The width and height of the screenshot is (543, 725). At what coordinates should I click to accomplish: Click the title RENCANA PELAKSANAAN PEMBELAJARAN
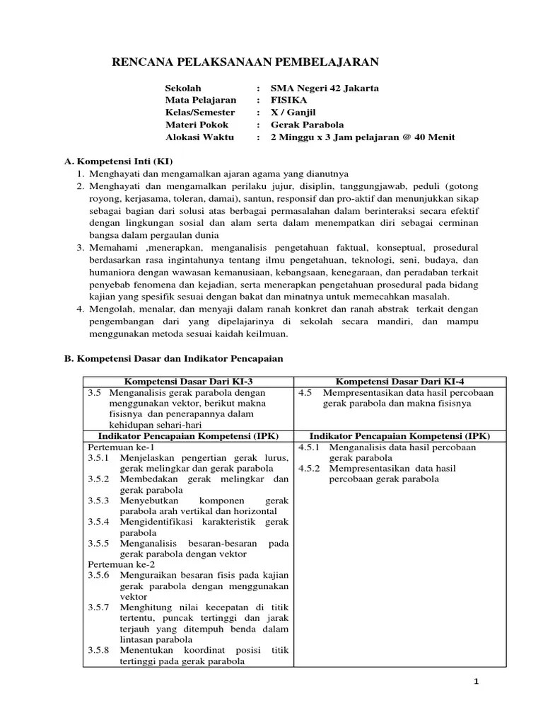click(245, 63)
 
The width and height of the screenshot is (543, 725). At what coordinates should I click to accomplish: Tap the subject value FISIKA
click(289, 101)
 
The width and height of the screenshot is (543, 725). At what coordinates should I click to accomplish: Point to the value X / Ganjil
click(293, 113)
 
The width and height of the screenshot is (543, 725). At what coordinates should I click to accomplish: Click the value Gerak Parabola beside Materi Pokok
click(308, 125)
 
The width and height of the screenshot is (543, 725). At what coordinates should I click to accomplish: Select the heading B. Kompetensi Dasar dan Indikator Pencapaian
click(174, 359)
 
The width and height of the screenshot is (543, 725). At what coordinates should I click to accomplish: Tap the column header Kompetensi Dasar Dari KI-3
click(188, 382)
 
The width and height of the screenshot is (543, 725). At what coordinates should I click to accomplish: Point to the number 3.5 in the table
click(95, 393)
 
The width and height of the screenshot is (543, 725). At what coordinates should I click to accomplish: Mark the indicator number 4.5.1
click(309, 447)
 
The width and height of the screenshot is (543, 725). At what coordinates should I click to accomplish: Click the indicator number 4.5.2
click(309, 469)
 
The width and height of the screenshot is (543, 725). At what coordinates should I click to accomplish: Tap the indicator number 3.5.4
click(99, 522)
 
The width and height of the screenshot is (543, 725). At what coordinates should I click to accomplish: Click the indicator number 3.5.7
click(99, 607)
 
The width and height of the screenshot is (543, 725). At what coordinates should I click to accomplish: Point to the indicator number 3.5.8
click(99, 650)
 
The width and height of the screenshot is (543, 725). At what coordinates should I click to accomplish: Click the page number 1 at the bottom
click(477, 682)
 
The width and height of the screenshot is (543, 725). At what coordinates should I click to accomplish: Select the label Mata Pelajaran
click(201, 101)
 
